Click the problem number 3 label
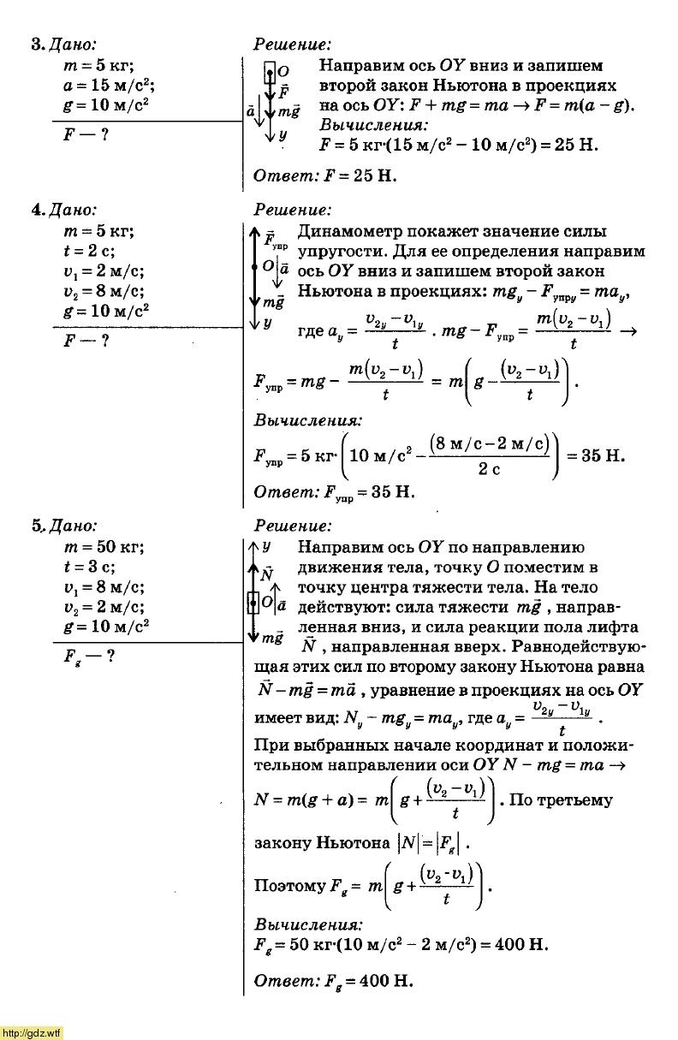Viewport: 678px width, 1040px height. tap(36, 45)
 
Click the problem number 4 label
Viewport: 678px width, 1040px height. tap(37, 210)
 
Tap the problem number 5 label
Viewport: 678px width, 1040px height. tap(37, 526)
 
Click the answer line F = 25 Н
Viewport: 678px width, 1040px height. tap(325, 177)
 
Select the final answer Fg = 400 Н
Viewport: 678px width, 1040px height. tap(334, 981)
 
